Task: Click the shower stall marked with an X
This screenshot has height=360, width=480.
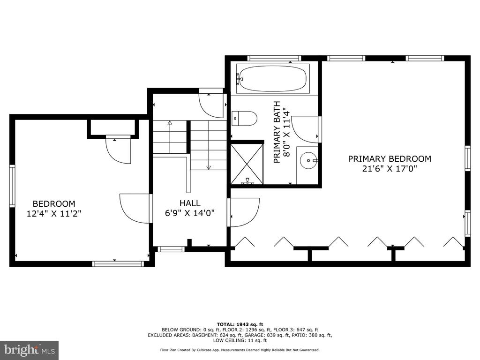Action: tap(247, 164)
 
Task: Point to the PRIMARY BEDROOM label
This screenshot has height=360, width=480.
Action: tap(390, 159)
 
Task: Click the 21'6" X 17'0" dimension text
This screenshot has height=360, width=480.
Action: tap(390, 169)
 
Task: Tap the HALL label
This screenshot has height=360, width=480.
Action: tap(190, 203)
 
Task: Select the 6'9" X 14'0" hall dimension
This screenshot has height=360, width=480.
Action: tap(190, 213)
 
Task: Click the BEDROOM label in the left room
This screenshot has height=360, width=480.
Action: tap(54, 204)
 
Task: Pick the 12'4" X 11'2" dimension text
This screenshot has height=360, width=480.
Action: tap(54, 214)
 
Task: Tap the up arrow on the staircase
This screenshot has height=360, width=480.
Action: tap(170, 137)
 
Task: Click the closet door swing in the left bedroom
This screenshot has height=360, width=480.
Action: tap(118, 150)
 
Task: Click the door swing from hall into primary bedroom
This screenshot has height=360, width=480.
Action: tap(244, 213)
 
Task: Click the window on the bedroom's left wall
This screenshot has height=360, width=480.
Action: tap(12, 186)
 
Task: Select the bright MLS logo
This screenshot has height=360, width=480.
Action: tap(30, 350)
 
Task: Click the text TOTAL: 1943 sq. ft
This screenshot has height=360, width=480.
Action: tap(240, 324)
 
